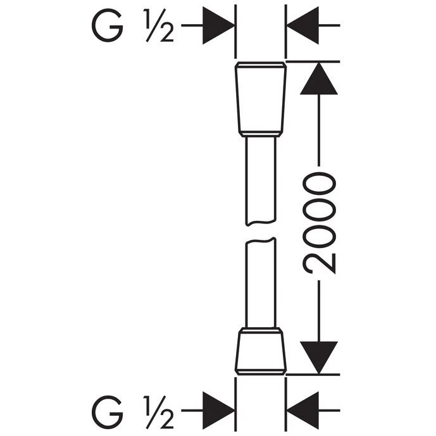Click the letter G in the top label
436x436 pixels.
tap(108, 25)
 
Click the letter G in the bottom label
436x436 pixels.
tap(108, 410)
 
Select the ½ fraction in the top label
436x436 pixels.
tap(159, 25)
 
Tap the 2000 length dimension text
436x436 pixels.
tap(319, 223)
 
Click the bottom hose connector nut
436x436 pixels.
tap(261, 351)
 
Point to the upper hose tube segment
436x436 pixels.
tap(261, 181)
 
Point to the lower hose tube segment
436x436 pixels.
tap(261, 282)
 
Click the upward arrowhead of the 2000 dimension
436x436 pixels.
tap(319, 78)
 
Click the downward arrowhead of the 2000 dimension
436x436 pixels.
tap(319, 358)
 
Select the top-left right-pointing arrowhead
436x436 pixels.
tap(218, 25)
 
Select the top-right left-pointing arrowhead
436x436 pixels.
tap(303, 25)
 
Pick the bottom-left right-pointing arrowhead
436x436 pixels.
tap(218, 410)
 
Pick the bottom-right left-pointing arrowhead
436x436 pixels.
tap(303, 410)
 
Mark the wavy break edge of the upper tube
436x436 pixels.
tap(261, 223)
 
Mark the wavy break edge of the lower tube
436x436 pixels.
tap(261, 241)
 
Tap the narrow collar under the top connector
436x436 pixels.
tap(261, 134)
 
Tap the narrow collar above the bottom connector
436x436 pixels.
tap(261, 331)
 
